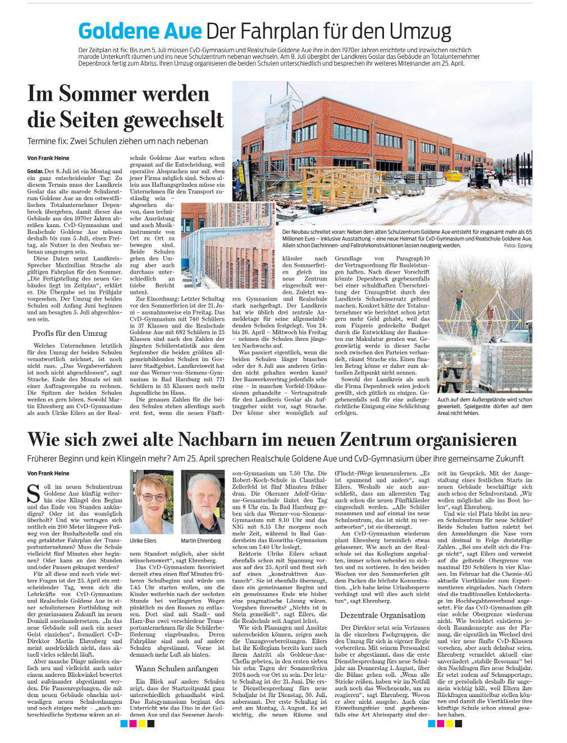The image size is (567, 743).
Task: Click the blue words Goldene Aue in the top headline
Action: pyautogui.click(x=140, y=31)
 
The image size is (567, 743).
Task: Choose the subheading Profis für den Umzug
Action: pyautogui.click(x=70, y=333)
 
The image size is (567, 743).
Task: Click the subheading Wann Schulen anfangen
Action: pyautogui.click(x=177, y=668)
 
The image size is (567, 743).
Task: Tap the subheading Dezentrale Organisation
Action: pyautogui.click(x=382, y=615)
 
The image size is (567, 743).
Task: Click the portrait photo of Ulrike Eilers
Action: pyautogui.click(x=152, y=502)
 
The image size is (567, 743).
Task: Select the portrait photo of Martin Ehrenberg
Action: pyautogui.click(x=202, y=502)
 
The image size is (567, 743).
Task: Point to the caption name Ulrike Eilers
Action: pyautogui.click(x=143, y=541)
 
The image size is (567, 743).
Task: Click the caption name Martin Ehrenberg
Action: pyautogui.click(x=201, y=541)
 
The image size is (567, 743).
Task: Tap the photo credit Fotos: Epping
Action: pyautogui.click(x=518, y=246)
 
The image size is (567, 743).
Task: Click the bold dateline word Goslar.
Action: pyautogui.click(x=35, y=172)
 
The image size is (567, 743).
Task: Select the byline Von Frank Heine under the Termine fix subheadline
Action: pyautogui.click(x=48, y=158)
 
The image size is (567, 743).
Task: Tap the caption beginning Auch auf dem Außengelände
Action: pyautogui.click(x=484, y=406)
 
